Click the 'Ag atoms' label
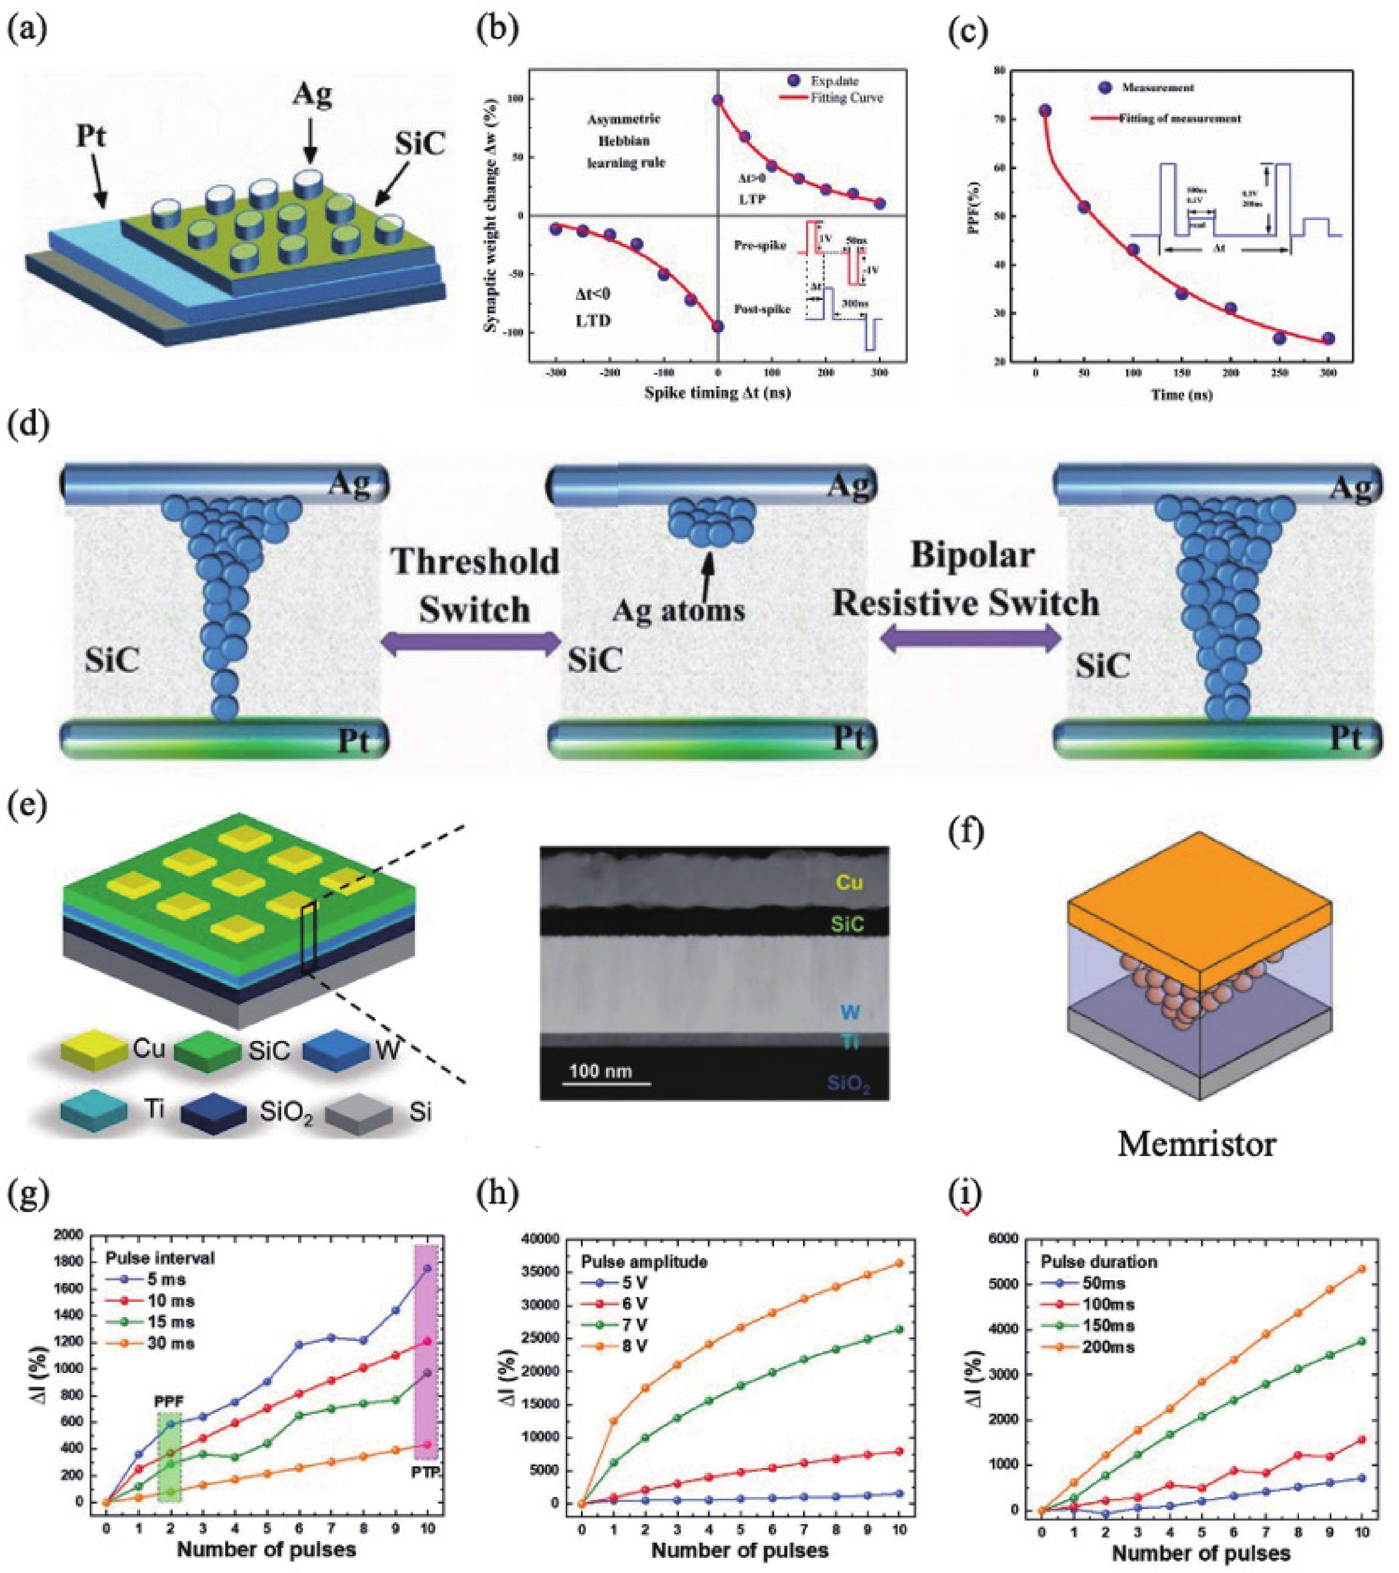coord(678,610)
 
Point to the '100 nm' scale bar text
coord(600,1070)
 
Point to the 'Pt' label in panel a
coord(91,137)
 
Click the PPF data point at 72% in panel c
coord(1045,111)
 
